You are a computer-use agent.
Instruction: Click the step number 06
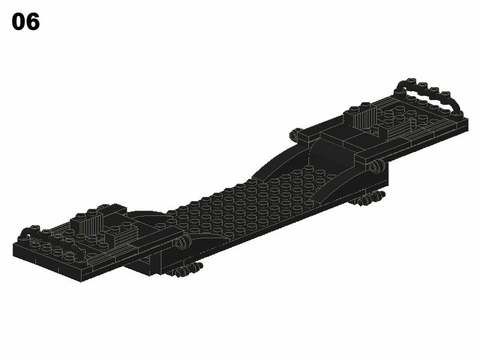26,22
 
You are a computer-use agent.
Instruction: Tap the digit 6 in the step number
33,22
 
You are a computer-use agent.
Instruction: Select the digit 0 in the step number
19,22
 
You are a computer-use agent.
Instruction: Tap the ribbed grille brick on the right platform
364,118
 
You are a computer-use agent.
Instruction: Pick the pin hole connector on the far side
295,134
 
